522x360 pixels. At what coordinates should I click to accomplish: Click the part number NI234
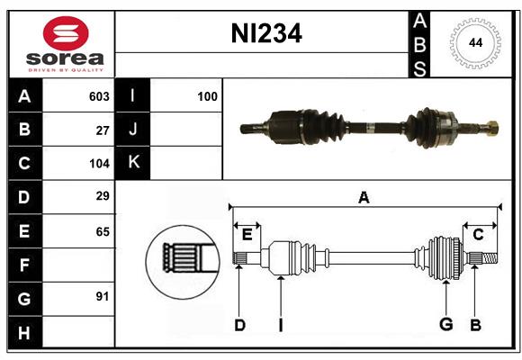pos(266,33)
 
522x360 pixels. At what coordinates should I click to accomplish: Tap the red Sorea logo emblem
pos(66,33)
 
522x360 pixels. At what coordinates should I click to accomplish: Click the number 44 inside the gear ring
pos(475,43)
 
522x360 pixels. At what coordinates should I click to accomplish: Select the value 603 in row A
pos(99,96)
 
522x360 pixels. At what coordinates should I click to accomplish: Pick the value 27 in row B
pos(103,130)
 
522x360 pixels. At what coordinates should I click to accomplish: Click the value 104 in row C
pos(99,164)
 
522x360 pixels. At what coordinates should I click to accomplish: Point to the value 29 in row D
pos(103,196)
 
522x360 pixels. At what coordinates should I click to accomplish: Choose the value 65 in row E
pos(103,232)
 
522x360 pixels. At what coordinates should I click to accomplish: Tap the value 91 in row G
pos(103,296)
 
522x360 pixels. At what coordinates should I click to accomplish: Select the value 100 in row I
pos(207,96)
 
